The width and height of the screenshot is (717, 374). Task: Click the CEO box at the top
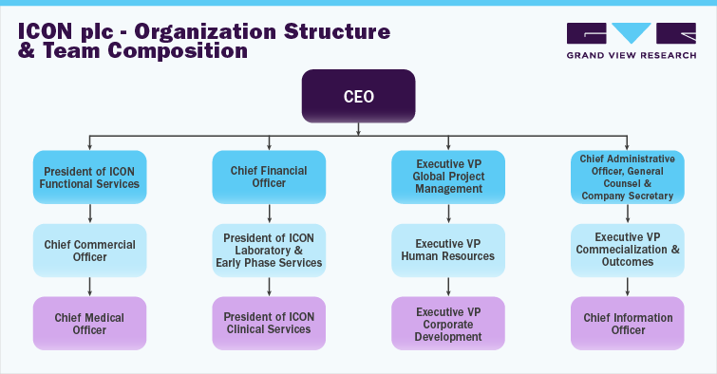[358, 96]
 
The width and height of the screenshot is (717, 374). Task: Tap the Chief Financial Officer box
[270, 177]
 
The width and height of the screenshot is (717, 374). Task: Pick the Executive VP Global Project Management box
[448, 177]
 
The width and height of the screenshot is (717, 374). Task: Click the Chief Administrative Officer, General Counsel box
[627, 177]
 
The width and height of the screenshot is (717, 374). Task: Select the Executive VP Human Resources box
[448, 250]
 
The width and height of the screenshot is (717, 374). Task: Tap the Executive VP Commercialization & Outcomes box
[627, 250]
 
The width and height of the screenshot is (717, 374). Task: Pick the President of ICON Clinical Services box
[270, 323]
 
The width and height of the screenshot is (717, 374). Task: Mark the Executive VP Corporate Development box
[448, 323]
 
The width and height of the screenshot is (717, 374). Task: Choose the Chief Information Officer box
[627, 323]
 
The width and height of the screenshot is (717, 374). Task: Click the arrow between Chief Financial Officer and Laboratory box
[270, 214]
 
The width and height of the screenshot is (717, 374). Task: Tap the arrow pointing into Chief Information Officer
[627, 286]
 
